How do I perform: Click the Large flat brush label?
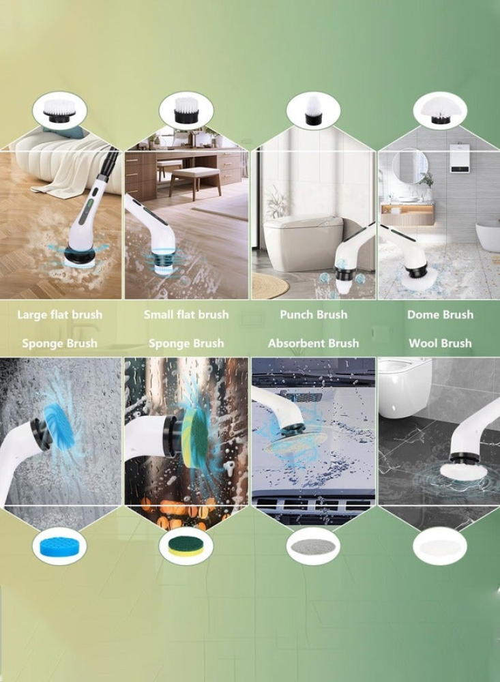tap(60, 314)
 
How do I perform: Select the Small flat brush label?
tap(186, 314)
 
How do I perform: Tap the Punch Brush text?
tap(314, 314)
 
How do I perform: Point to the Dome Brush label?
tap(441, 314)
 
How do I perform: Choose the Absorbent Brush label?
tap(314, 343)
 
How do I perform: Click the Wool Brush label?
tap(441, 343)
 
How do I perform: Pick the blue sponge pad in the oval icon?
tap(59, 547)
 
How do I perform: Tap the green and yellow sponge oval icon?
tap(186, 546)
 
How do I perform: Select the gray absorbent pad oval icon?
tap(313, 546)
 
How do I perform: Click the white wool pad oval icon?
tap(440, 546)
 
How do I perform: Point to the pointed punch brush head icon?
tap(313, 110)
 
